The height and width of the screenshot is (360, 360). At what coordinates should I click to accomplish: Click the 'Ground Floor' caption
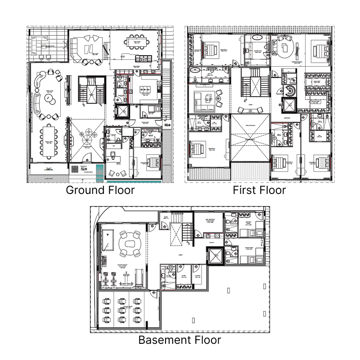[100, 190]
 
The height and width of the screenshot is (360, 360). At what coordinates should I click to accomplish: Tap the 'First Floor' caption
[259, 190]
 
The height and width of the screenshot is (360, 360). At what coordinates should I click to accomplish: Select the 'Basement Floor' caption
[180, 340]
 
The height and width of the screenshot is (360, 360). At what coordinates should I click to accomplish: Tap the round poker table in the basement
[132, 243]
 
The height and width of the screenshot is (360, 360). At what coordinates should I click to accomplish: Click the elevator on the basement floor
[216, 256]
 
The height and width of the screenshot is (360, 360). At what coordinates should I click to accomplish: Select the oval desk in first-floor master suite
[284, 47]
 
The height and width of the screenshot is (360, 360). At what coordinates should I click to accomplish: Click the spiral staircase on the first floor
[290, 91]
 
